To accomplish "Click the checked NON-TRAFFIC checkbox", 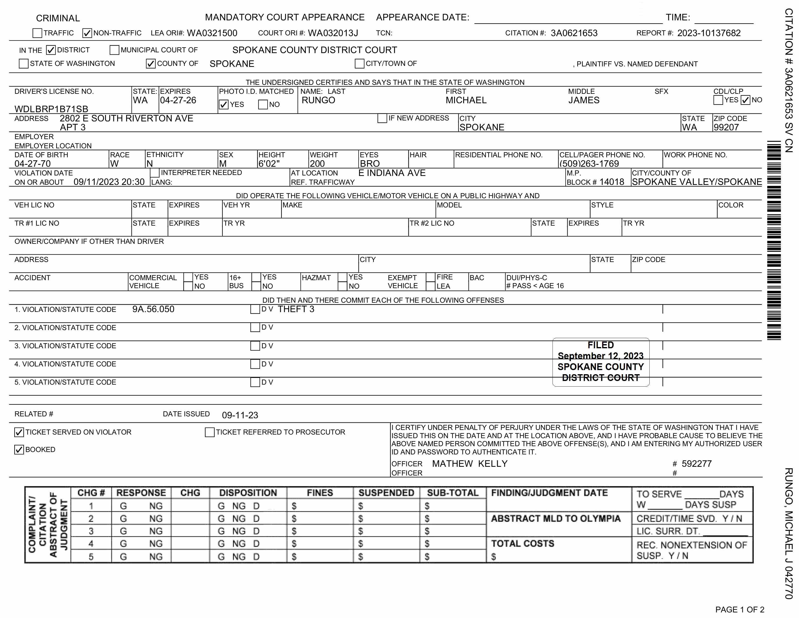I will pos(87,33).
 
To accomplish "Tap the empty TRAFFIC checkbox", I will pos(37,33).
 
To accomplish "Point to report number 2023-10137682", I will pos(709,33).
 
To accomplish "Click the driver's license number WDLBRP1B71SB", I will pos(51,109).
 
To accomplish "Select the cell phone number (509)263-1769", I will pos(589,164).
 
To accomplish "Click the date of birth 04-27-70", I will pos(32,164).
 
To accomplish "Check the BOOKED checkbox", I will pos(19,450).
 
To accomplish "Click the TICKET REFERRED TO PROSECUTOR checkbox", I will pos(210,432).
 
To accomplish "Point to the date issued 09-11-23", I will pos(240,415).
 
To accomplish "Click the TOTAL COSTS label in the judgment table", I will pos(522,544).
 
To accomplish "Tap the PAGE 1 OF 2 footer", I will pos(739,610).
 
